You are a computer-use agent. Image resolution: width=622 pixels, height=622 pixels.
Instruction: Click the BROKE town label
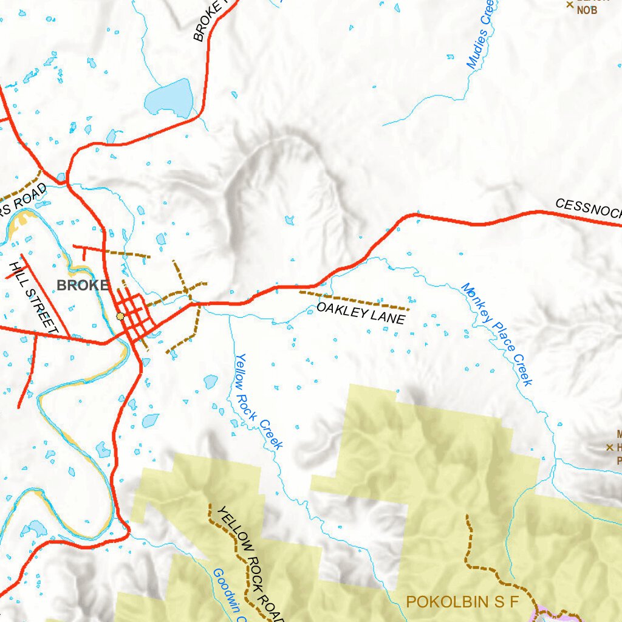[x=83, y=285]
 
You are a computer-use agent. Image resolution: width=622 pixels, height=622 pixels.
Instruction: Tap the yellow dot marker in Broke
[x=120, y=316]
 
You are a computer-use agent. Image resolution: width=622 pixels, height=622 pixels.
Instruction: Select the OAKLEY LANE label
[x=360, y=314]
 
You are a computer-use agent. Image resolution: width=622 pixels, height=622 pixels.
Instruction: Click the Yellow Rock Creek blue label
[x=259, y=402]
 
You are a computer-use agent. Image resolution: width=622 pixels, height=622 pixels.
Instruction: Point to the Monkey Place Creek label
[x=496, y=334]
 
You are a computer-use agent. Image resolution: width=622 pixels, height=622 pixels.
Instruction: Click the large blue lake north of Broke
[x=169, y=98]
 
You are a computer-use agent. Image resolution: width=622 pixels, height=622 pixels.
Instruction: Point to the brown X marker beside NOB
[x=570, y=5]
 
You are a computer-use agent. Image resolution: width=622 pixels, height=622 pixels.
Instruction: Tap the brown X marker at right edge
[x=609, y=448]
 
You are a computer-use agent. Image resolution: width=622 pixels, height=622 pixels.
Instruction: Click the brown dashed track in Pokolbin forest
[x=469, y=547]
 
